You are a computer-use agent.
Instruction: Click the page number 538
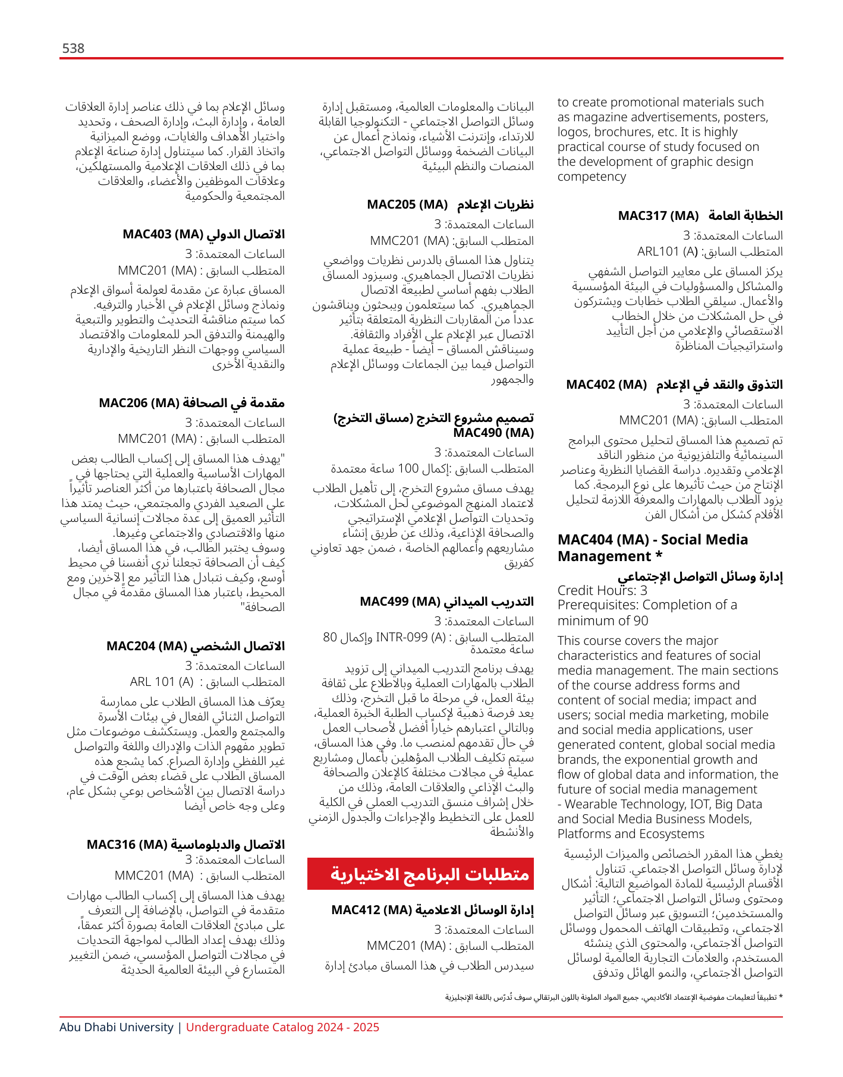tap(73, 48)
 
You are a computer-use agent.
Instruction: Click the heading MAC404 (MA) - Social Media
tap(653, 540)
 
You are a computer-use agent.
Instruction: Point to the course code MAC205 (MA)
tap(407, 204)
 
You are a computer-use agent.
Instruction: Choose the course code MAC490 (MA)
tap(493, 433)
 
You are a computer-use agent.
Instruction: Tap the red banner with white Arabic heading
tap(420, 874)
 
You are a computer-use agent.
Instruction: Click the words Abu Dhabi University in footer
tap(117, 1027)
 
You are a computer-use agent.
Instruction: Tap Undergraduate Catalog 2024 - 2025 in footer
tap(282, 1027)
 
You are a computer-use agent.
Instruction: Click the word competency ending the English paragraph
tap(592, 177)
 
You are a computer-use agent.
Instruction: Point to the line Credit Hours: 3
tap(602, 590)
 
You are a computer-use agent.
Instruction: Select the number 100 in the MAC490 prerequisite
tap(408, 468)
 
